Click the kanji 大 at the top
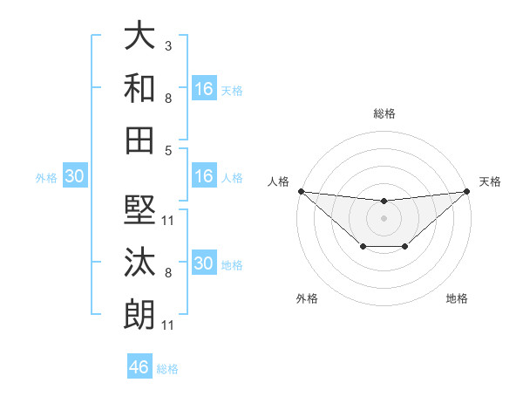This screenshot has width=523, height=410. pos(139,37)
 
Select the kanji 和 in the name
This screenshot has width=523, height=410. pos(139,87)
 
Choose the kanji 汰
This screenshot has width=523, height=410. pos(139,261)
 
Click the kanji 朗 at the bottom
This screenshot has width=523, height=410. pos(139,312)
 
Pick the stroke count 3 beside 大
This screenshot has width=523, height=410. pos(168,44)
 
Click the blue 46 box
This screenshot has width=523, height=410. pos(139,367)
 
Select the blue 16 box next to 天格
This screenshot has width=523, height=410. pos(204,89)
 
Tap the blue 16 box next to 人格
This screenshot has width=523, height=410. pos(204,176)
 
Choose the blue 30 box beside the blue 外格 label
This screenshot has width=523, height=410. pos(74,176)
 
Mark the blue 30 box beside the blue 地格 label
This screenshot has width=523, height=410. pos(204,263)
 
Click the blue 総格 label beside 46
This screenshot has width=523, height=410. pos(167,369)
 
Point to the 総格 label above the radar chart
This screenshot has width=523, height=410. pos(384,113)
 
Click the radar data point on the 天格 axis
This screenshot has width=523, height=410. pos(466,191)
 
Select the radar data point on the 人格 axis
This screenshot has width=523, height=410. pos(301,191)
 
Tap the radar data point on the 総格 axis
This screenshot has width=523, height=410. pos(384,202)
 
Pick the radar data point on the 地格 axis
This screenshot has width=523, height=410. pos(405,248)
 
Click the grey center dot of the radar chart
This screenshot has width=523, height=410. pos(384,217)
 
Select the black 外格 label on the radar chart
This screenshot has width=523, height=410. pos(307,298)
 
